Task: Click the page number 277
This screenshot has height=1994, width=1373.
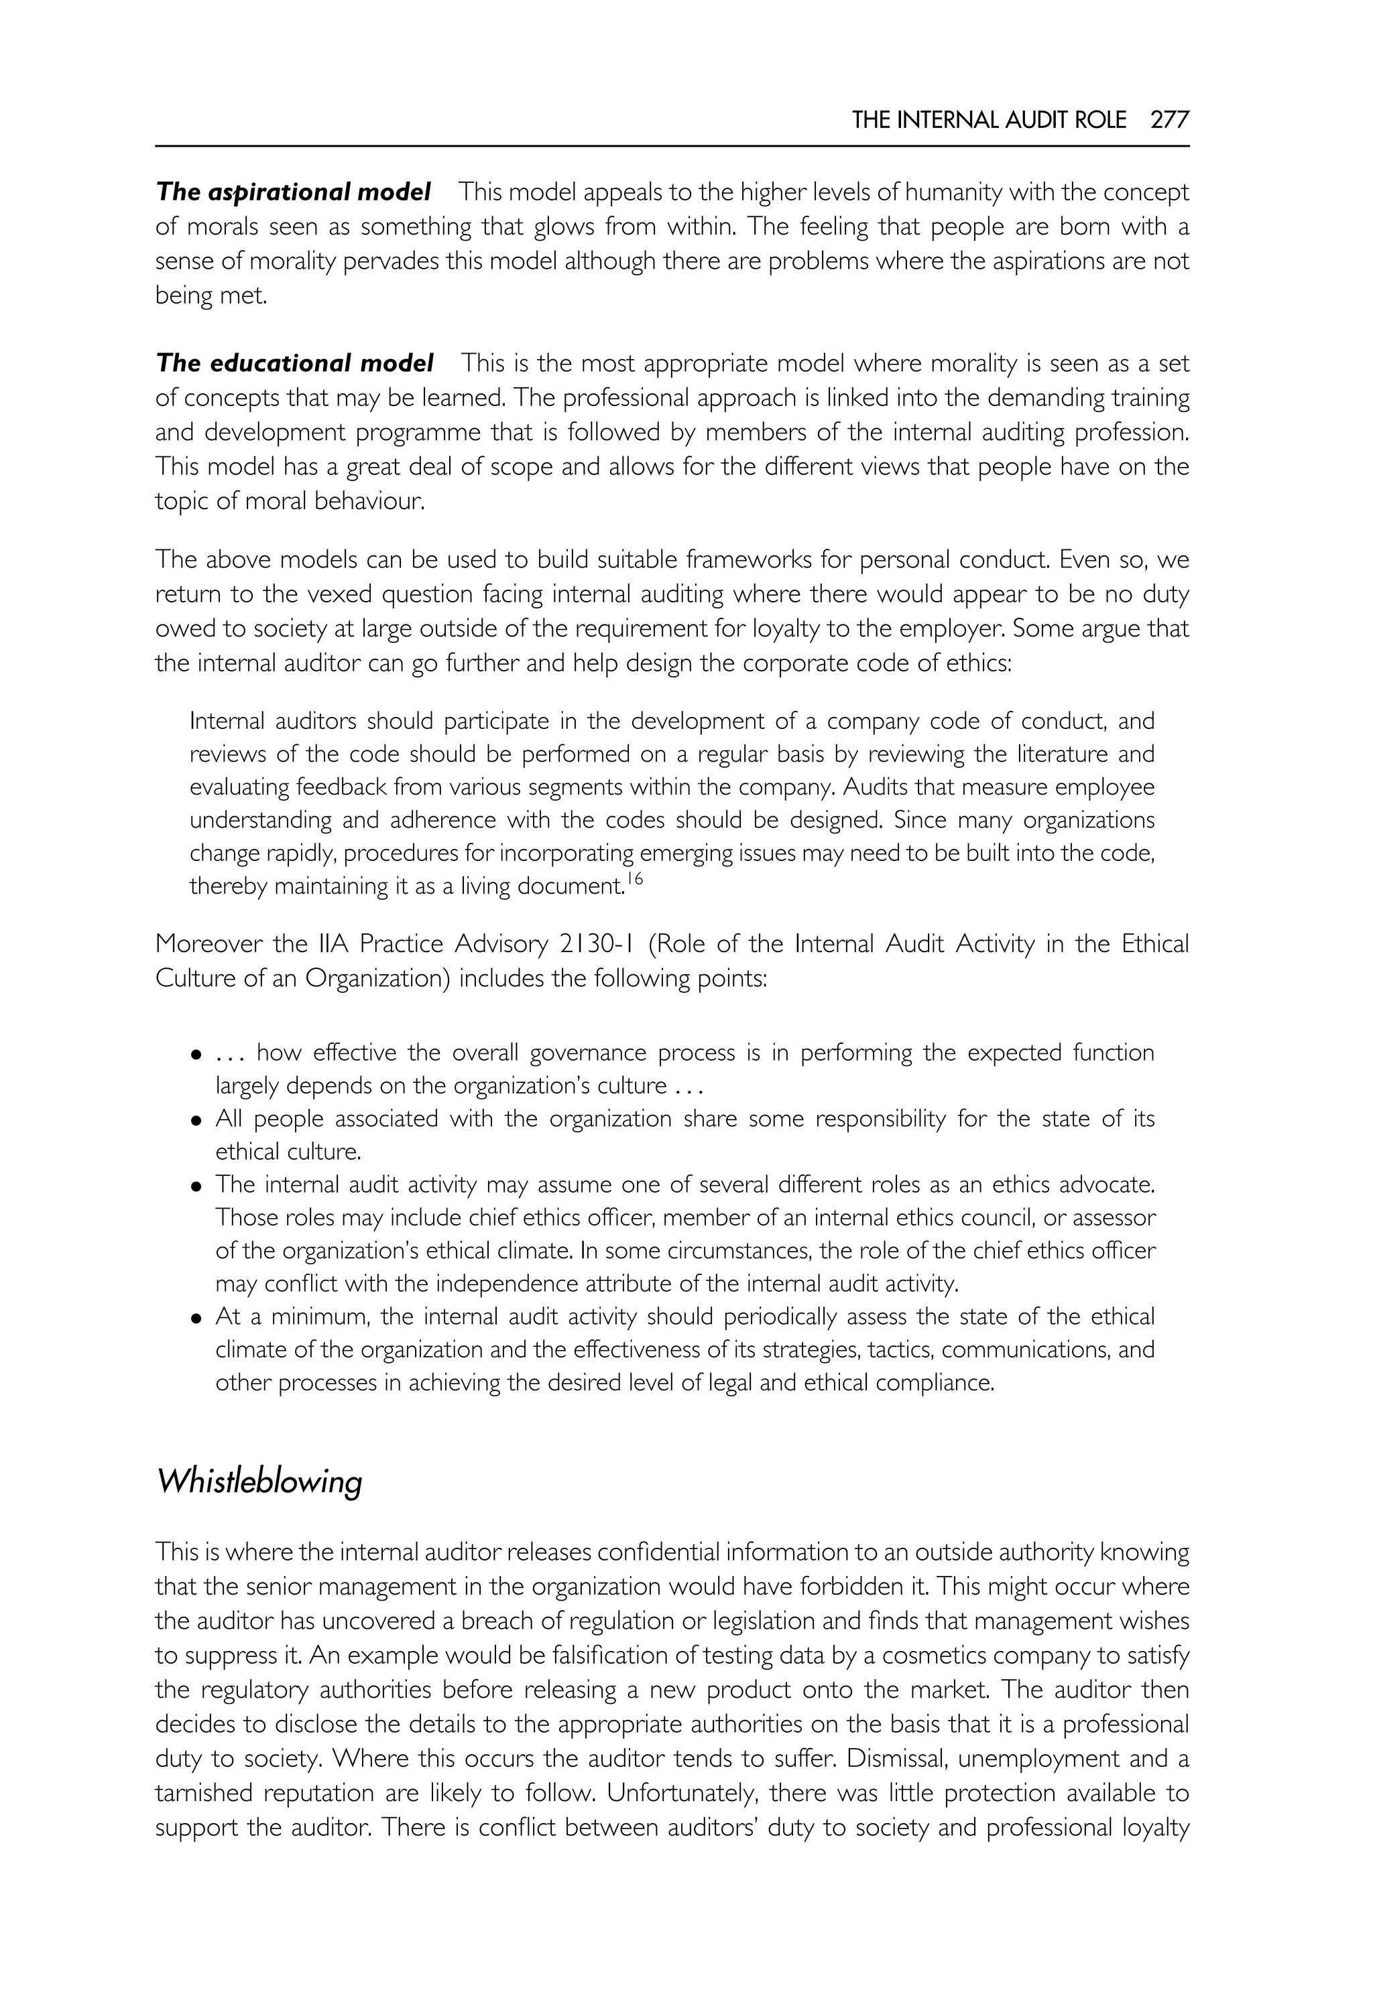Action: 1169,121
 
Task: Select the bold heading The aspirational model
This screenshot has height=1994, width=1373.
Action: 294,192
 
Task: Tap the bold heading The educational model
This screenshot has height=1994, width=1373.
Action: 294,364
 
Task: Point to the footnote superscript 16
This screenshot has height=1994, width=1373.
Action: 635,879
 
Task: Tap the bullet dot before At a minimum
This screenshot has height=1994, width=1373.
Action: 197,1318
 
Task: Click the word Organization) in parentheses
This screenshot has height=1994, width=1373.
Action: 373,978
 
